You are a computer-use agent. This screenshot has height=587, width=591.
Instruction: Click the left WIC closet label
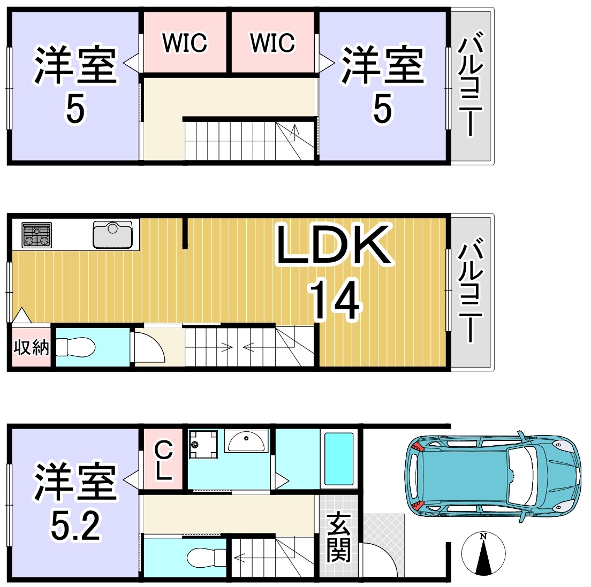pyautogui.click(x=185, y=43)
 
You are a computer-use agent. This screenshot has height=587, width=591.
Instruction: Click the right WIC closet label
pyautogui.click(x=272, y=43)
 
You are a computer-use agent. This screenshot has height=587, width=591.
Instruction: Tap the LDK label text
pyautogui.click(x=334, y=245)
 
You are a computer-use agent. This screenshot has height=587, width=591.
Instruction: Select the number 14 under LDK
pyautogui.click(x=335, y=300)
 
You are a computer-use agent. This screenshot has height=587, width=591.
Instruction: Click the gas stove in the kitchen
pyautogui.click(x=36, y=235)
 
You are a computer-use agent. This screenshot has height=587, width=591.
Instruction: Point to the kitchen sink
pyautogui.click(x=113, y=234)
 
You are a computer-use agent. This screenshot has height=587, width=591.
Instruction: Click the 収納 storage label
pyautogui.click(x=31, y=347)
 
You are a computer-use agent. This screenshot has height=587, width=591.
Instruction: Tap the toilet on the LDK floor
pyautogui.click(x=75, y=347)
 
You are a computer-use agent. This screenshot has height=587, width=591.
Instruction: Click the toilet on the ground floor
pyautogui.click(x=207, y=557)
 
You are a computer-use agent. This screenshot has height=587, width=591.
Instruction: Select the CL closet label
pyautogui.click(x=164, y=460)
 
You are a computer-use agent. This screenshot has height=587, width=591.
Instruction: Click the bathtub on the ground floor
pyautogui.click(x=339, y=459)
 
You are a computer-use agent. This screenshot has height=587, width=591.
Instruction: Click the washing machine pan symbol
pyautogui.click(x=203, y=445)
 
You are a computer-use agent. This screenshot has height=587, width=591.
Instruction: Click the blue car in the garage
pyautogui.click(x=493, y=477)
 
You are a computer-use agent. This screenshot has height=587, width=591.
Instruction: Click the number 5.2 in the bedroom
pyautogui.click(x=75, y=526)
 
